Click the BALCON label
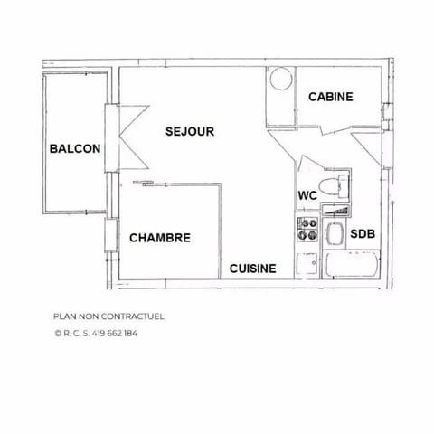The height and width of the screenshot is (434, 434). click(75, 149)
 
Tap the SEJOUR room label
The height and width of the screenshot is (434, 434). click(190, 131)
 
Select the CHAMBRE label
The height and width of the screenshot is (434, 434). click(160, 238)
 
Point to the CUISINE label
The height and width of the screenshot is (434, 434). click(252, 269)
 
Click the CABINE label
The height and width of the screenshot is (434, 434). click(330, 97)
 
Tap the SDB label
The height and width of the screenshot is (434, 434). click(363, 234)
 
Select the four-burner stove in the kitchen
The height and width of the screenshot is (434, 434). click(307, 230)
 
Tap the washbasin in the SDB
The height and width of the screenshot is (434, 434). click(334, 234)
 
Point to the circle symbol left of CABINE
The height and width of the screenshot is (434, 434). click(279, 79)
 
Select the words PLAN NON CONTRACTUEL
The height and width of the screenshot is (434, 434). click(109, 316)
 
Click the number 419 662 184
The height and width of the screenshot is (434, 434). click(117, 333)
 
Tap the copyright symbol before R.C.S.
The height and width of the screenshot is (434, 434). click(58, 333)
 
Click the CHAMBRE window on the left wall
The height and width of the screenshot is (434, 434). click(110, 236)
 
